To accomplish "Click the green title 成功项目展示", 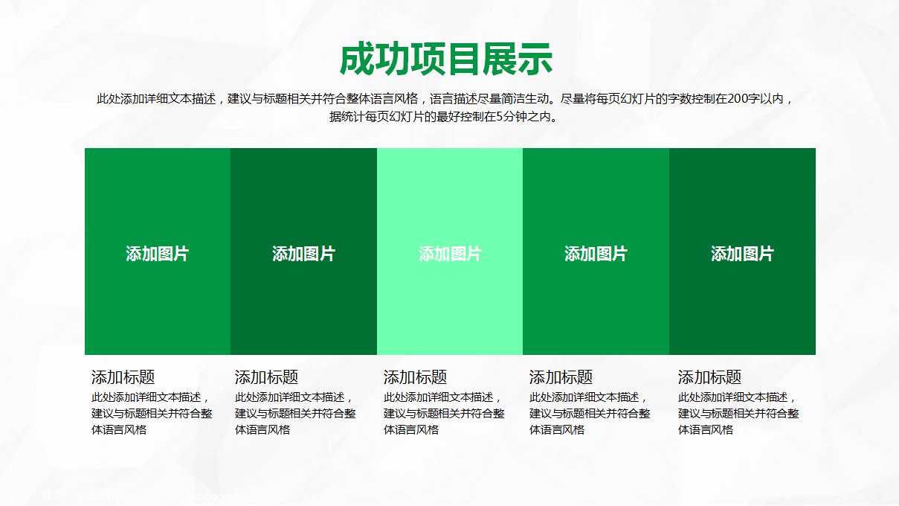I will point(445,60).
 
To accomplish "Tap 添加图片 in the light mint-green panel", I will point(450,254).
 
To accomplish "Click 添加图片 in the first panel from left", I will point(157,254).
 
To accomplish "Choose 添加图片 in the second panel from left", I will point(303,254).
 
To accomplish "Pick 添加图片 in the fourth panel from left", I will point(596,254).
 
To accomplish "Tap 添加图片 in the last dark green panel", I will point(742,254).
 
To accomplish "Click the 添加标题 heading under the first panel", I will point(123,377).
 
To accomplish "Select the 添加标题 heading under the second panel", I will point(266,377).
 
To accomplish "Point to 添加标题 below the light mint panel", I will point(415,377).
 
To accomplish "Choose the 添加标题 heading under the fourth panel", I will point(561,377).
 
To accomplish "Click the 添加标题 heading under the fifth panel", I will point(709,377).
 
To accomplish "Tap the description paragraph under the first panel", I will point(151,413).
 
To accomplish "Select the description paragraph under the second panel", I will point(295,413).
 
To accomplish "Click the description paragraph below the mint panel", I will point(444,413).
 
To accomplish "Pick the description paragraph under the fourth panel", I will point(590,413).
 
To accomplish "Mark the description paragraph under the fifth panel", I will point(738,413).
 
